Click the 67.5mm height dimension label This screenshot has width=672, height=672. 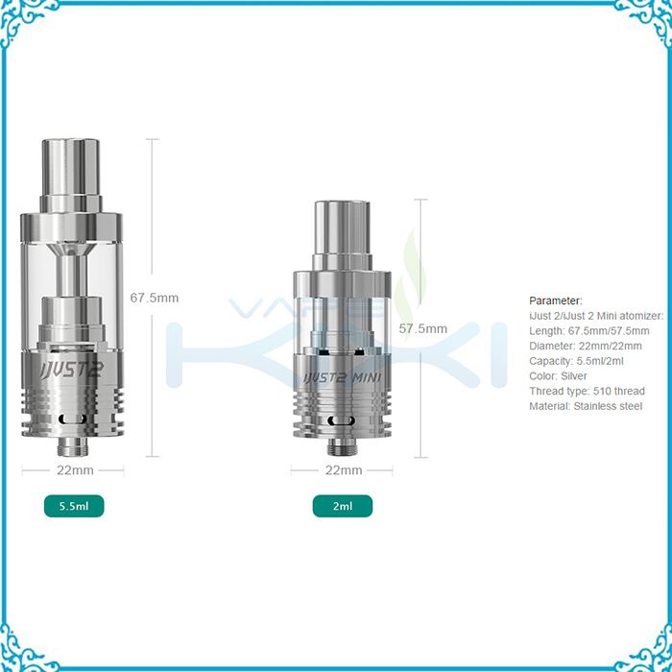154,298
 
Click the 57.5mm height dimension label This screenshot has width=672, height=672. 422,328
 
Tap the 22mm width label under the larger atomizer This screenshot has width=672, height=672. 74,470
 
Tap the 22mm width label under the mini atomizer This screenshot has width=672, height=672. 344,470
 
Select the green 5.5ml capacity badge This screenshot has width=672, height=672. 74,505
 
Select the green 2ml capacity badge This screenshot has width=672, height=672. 343,505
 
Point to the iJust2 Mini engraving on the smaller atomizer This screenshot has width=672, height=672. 343,377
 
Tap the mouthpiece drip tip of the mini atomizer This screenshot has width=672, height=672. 343,225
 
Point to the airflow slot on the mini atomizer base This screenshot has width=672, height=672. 343,421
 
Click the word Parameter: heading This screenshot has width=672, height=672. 556,300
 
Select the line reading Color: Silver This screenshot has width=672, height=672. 559,376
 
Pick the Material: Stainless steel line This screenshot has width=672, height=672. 586,406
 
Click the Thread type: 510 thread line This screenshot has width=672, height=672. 587,391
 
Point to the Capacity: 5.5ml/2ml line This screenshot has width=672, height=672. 575,361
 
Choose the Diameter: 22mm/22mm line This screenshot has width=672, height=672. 586,346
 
